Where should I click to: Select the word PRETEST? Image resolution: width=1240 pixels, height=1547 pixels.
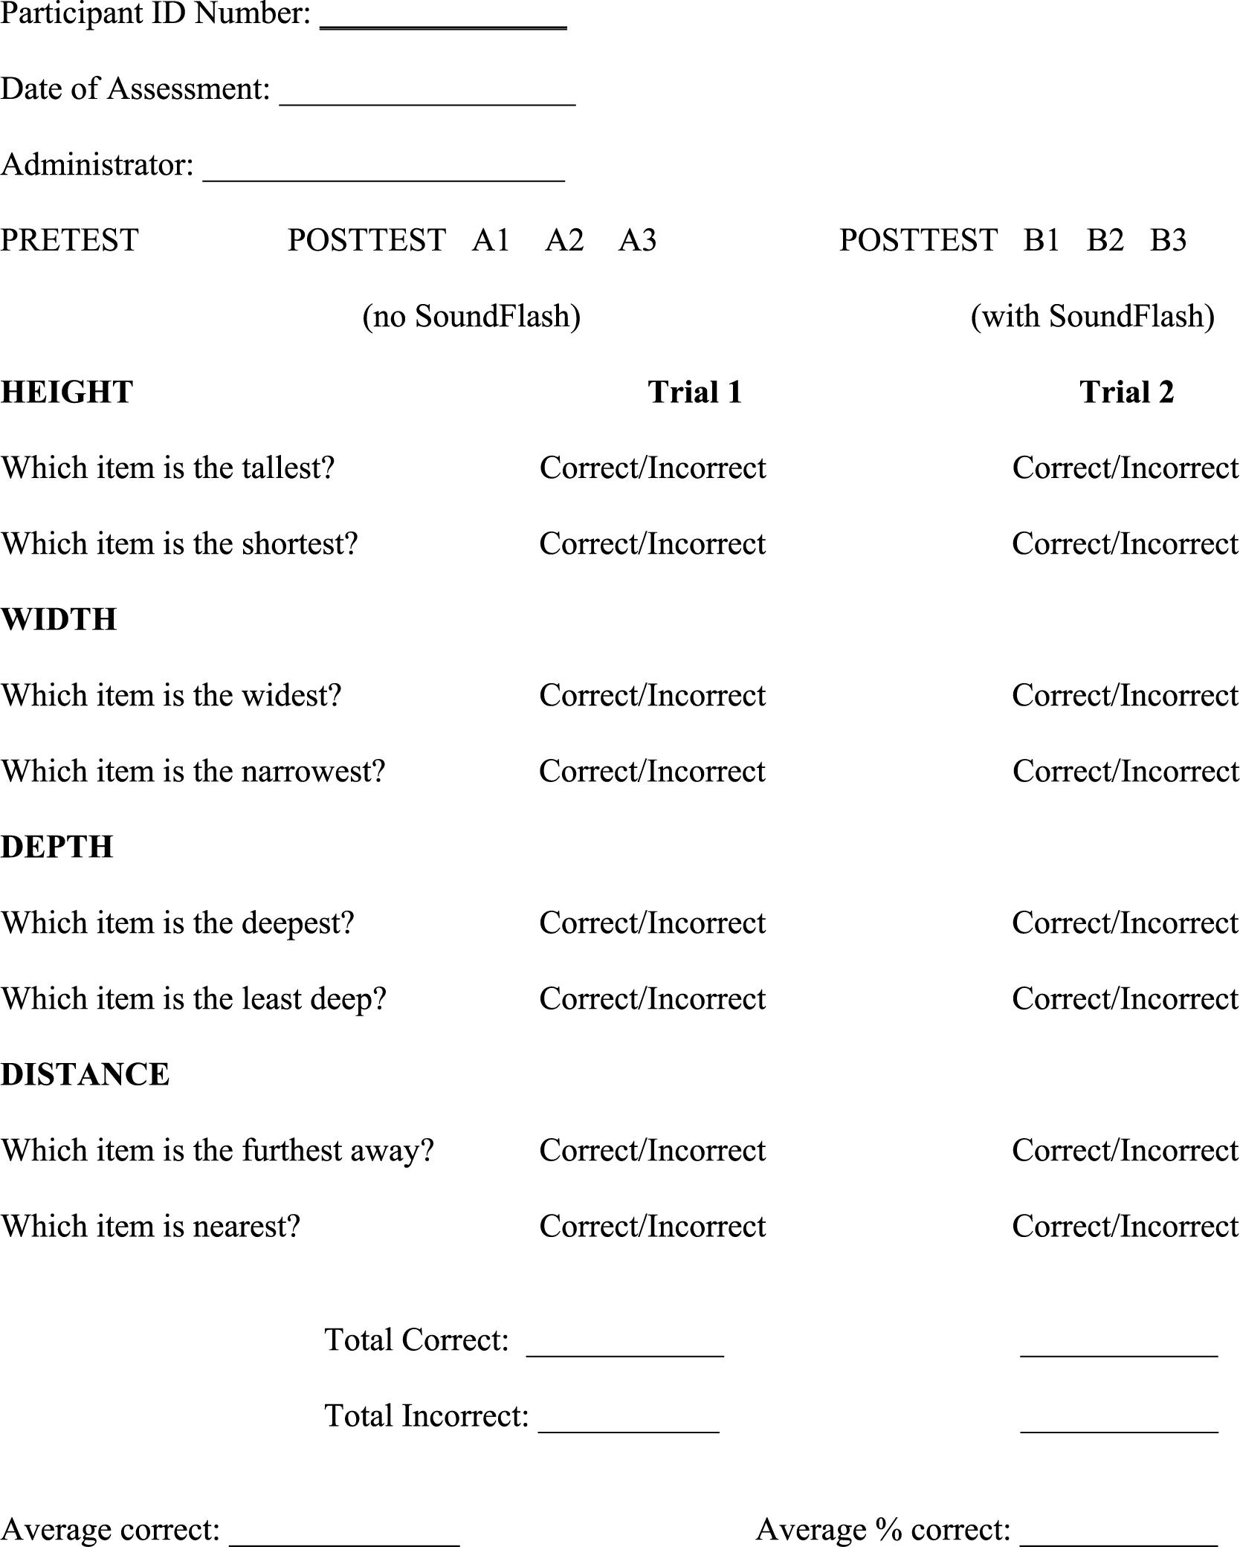click(x=70, y=240)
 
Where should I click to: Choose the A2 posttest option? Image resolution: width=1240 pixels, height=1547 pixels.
click(x=564, y=240)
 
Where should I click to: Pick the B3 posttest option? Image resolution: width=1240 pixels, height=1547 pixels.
click(x=1168, y=240)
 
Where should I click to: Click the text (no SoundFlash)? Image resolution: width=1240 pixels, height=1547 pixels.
click(x=471, y=316)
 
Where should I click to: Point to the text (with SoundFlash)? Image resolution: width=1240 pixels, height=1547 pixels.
click(x=1092, y=316)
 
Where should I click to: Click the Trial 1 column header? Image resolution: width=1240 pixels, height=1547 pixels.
click(x=695, y=392)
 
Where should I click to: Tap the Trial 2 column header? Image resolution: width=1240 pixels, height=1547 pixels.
click(x=1126, y=392)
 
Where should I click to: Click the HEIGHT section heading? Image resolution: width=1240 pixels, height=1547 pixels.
click(x=67, y=392)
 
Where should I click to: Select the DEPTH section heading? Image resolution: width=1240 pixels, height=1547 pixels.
click(x=57, y=847)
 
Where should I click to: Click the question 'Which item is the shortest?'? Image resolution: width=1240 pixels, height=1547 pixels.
click(x=180, y=543)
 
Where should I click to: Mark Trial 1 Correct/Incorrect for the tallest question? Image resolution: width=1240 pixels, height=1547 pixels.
click(x=653, y=468)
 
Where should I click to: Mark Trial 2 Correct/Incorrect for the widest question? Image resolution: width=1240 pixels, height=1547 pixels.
click(x=1126, y=695)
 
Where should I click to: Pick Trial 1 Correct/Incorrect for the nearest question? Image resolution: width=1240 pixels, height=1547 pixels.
click(x=653, y=1226)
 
